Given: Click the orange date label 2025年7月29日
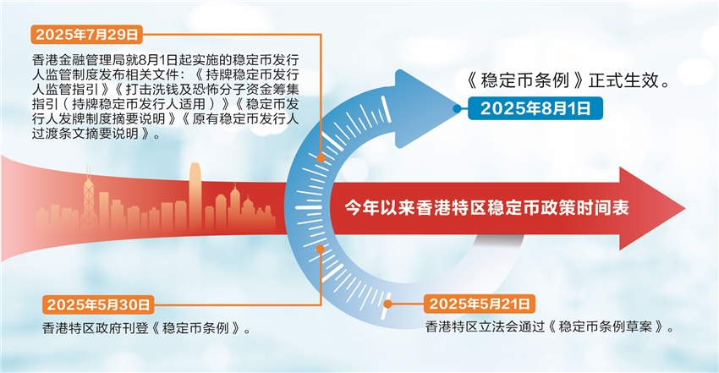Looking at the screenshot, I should pos(86,35).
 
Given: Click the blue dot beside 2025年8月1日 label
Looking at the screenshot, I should pos(456,108).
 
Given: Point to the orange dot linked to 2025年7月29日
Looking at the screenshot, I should pos(321,158).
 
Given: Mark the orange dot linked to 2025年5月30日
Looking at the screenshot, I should pos(320,250).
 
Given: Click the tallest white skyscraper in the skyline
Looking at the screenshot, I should pos(195,195).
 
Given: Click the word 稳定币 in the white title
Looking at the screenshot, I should pos(522,208).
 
